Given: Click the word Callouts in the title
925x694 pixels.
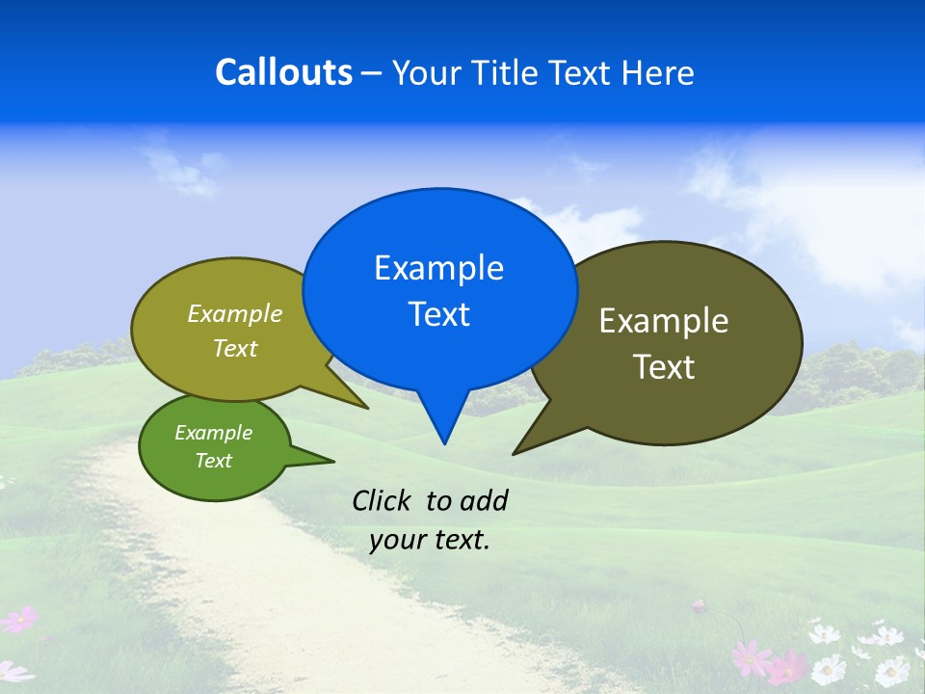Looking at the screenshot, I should (x=284, y=72).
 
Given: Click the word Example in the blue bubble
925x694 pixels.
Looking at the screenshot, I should (x=438, y=268).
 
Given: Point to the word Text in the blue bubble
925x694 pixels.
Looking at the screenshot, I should (x=438, y=314).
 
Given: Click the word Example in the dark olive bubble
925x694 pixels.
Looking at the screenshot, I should (x=664, y=320).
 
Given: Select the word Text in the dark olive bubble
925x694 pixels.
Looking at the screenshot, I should (x=664, y=367).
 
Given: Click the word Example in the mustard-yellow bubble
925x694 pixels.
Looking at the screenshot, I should (x=235, y=313).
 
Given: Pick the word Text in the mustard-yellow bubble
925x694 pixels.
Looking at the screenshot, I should (x=235, y=349).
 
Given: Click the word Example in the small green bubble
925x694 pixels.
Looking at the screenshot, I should (x=214, y=433).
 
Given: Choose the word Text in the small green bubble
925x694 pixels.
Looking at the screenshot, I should (x=214, y=461).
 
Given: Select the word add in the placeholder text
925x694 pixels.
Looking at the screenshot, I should (x=484, y=500).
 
